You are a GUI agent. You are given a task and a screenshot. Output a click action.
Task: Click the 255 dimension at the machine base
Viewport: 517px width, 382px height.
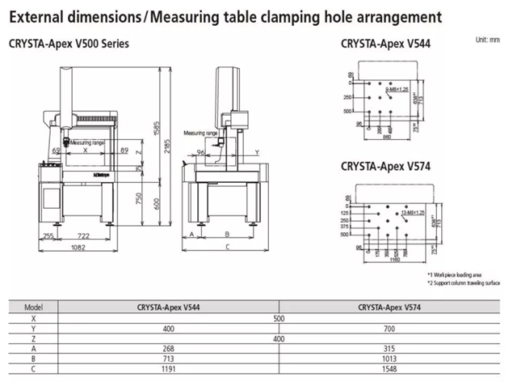(48, 235)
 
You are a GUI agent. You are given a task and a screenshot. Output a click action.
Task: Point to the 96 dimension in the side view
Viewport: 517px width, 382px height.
(201, 151)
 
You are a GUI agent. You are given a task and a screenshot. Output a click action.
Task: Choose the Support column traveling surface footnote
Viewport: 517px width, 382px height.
(462, 282)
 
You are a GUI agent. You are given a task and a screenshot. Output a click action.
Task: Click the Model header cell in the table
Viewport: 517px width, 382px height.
(33, 308)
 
